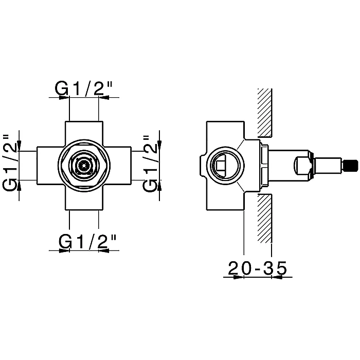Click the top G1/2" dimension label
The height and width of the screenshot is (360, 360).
coord(83,88)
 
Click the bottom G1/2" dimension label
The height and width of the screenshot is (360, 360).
coord(87,241)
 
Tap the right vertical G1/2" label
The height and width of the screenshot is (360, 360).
coord(150,163)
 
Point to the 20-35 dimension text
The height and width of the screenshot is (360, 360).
coord(258,268)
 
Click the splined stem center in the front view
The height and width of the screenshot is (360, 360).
coord(83,166)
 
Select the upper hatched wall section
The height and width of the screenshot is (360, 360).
coord(265,113)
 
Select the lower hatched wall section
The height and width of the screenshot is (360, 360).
coord(265,219)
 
